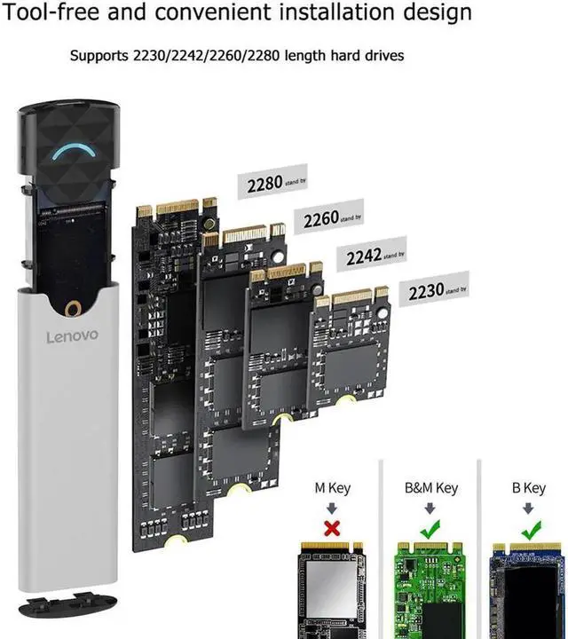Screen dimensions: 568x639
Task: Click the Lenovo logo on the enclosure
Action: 73,337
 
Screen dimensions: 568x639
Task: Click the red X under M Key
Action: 333,529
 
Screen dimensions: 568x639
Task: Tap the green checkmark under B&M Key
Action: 430,529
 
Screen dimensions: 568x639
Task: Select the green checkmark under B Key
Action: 529,529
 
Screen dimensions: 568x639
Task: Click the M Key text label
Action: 333,488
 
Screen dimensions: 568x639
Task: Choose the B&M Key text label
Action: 430,488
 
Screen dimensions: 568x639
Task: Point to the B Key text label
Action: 529,488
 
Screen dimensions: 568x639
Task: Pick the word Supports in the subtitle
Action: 99,56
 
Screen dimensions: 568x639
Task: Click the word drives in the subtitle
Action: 383,56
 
